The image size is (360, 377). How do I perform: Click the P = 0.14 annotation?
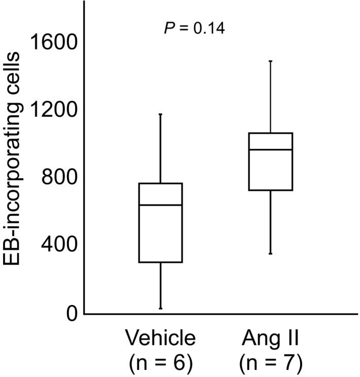[x=194, y=28]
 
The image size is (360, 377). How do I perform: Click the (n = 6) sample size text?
[x=160, y=362]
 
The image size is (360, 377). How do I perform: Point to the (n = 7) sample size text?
[x=271, y=362]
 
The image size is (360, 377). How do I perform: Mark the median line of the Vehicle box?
[x=160, y=205]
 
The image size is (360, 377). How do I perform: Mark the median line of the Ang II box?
[x=271, y=149]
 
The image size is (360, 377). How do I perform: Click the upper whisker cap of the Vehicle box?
[x=160, y=114]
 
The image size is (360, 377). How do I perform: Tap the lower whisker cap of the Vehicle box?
[x=160, y=308]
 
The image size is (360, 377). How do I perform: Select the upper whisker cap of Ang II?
[x=271, y=61]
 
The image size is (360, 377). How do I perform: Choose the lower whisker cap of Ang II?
[x=271, y=254]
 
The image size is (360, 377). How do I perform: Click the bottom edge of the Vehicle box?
[x=160, y=262]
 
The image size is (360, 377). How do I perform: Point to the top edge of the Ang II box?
[x=271, y=133]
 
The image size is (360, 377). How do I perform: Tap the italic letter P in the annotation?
[x=170, y=28]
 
